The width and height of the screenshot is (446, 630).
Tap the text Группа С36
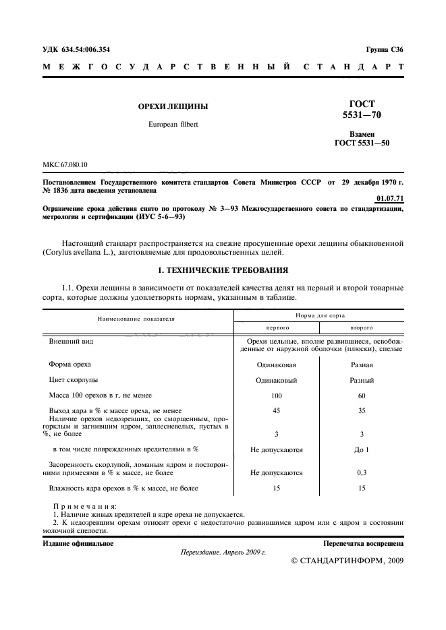coord(385,50)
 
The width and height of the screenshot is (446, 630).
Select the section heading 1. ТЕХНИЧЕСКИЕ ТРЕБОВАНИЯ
coord(223,270)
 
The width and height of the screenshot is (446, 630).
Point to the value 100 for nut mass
coord(276,396)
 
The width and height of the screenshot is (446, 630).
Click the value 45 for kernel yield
coord(276,410)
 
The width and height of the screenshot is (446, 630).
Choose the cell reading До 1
coord(362,449)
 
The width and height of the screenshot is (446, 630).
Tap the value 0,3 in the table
coord(362,473)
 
